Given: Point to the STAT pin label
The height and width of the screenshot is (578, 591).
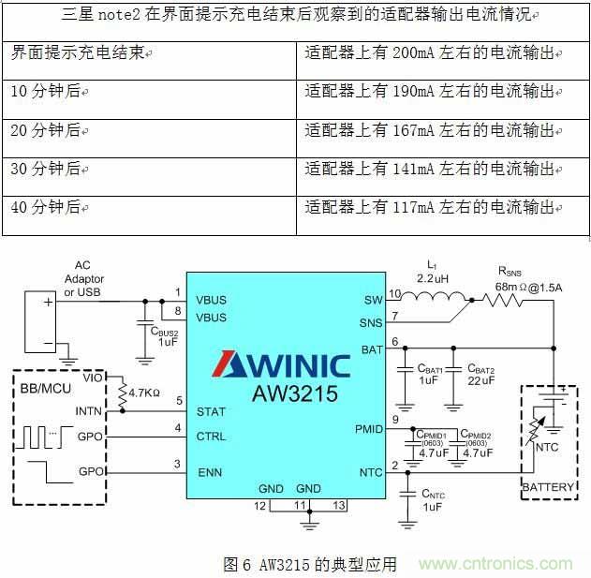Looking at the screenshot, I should [212, 410].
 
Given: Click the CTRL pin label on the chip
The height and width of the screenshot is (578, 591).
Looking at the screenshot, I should [212, 437].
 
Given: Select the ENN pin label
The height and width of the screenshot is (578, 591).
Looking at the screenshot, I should [210, 472].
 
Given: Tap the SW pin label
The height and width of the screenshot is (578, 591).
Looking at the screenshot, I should [374, 301].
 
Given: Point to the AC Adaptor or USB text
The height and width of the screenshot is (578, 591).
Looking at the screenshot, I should [84, 279].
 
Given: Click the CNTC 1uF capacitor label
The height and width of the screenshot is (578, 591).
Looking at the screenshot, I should [433, 499].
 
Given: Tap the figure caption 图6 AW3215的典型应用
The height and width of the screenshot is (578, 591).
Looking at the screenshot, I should [310, 564].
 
